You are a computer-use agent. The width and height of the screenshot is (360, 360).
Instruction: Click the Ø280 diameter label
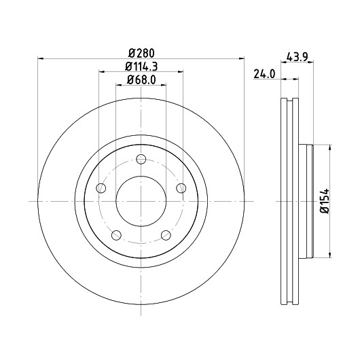[x=141, y=53]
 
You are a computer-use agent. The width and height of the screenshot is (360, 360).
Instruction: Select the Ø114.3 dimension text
[x=141, y=67]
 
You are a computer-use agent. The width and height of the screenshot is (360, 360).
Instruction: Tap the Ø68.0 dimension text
[x=141, y=79]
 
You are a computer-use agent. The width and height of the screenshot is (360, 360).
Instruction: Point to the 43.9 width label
[x=298, y=56]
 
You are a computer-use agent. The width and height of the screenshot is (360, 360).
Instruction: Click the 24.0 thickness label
[x=264, y=74]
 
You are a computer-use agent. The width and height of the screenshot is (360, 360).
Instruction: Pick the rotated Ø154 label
[x=325, y=201]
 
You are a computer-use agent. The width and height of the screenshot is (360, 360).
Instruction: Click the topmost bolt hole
[x=141, y=159]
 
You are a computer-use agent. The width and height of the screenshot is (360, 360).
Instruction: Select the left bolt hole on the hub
[x=101, y=188]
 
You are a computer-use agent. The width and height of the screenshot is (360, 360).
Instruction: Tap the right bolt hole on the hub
[x=181, y=188]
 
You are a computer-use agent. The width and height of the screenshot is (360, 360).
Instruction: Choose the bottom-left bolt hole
[x=116, y=235]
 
